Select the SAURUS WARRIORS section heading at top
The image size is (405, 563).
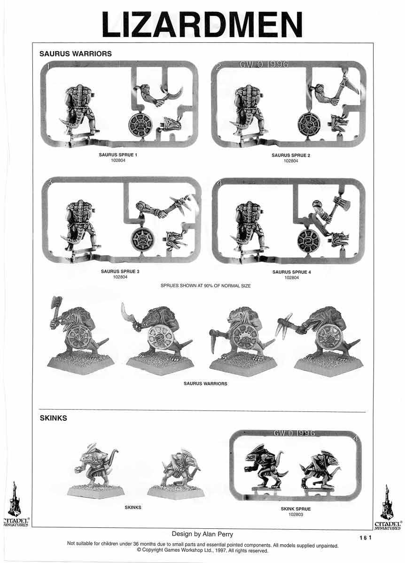pos(75,54)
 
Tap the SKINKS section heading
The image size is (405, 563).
pos(53,418)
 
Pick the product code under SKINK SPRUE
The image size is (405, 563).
pos(296,515)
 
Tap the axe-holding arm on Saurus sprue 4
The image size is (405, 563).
pos(330,207)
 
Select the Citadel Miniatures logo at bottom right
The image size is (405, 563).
pos(387,508)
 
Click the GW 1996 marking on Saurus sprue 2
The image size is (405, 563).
pos(264,64)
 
